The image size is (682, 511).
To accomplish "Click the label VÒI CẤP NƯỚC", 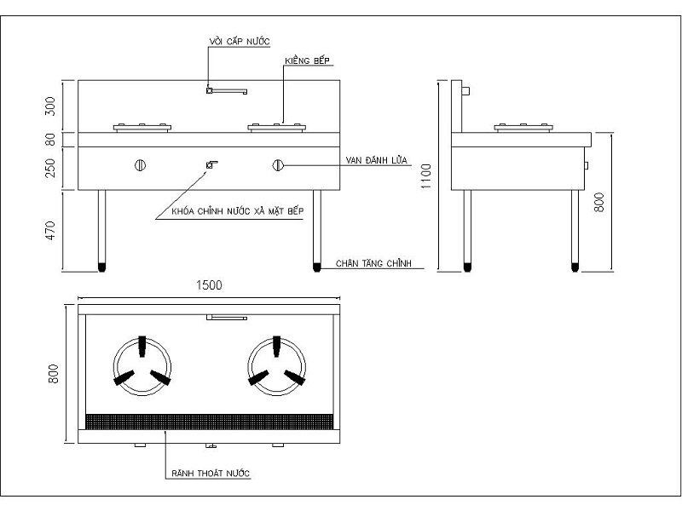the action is point(240,41).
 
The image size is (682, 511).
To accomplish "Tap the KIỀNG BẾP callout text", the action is point(307,60).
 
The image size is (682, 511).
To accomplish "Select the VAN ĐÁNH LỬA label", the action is point(376,160).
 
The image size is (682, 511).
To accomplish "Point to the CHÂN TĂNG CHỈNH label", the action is point(373,263).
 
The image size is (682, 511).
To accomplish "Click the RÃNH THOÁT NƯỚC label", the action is point(211,473).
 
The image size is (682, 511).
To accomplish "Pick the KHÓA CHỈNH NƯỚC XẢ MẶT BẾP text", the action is point(238,210).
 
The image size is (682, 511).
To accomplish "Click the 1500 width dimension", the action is point(209,285).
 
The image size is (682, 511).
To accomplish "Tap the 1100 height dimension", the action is point(425,176).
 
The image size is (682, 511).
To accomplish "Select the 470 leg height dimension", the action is point(50,230).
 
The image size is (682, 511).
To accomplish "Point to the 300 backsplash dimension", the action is point(50,106).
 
